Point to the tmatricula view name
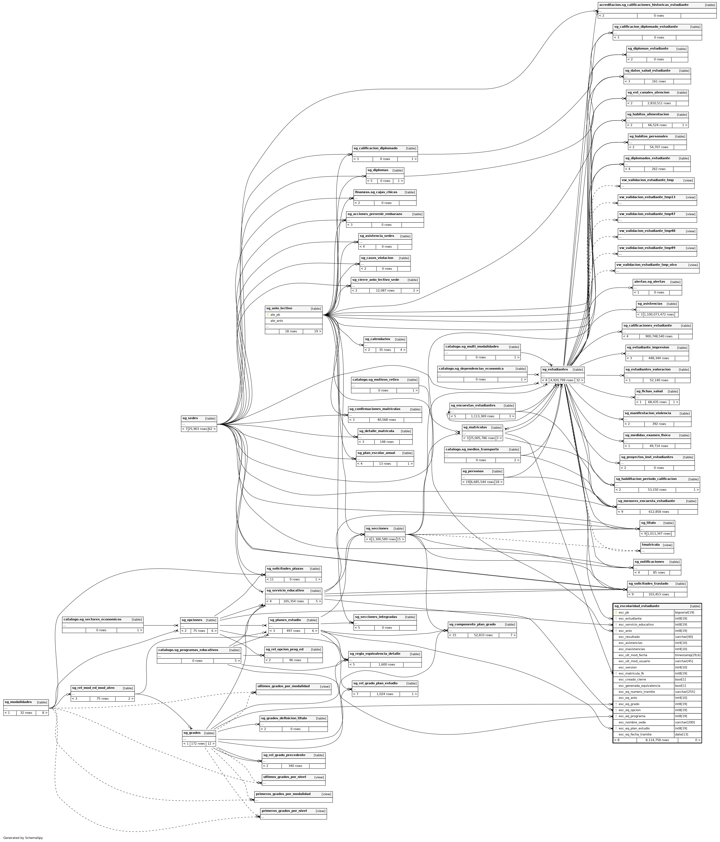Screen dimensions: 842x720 coord(651,545)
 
